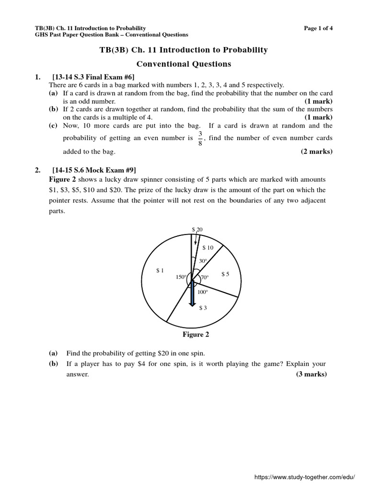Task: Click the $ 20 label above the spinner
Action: (197, 230)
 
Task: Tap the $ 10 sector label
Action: (208, 247)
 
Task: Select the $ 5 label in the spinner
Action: (225, 274)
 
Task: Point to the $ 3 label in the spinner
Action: (203, 308)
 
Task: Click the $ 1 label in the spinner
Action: (160, 271)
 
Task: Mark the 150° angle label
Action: (181, 277)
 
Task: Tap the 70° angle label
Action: (205, 278)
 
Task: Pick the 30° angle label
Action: (203, 261)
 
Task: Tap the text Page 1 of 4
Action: (318, 28)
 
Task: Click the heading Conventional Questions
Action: (184, 64)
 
